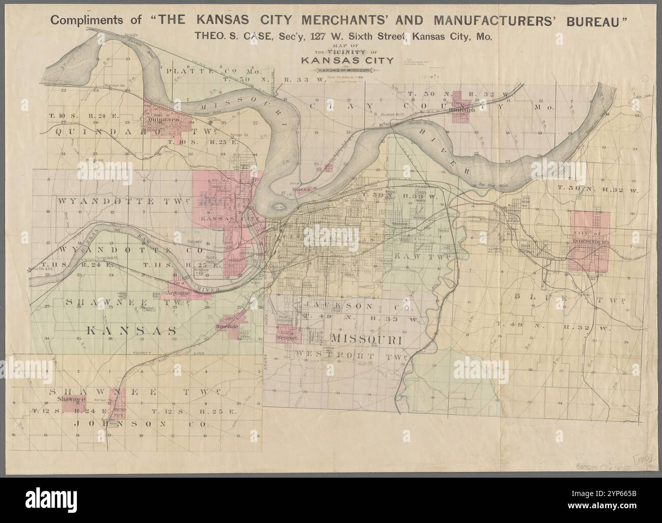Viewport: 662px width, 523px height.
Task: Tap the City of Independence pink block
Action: pos(590,241)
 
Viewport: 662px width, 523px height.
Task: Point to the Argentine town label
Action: pos(175,293)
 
